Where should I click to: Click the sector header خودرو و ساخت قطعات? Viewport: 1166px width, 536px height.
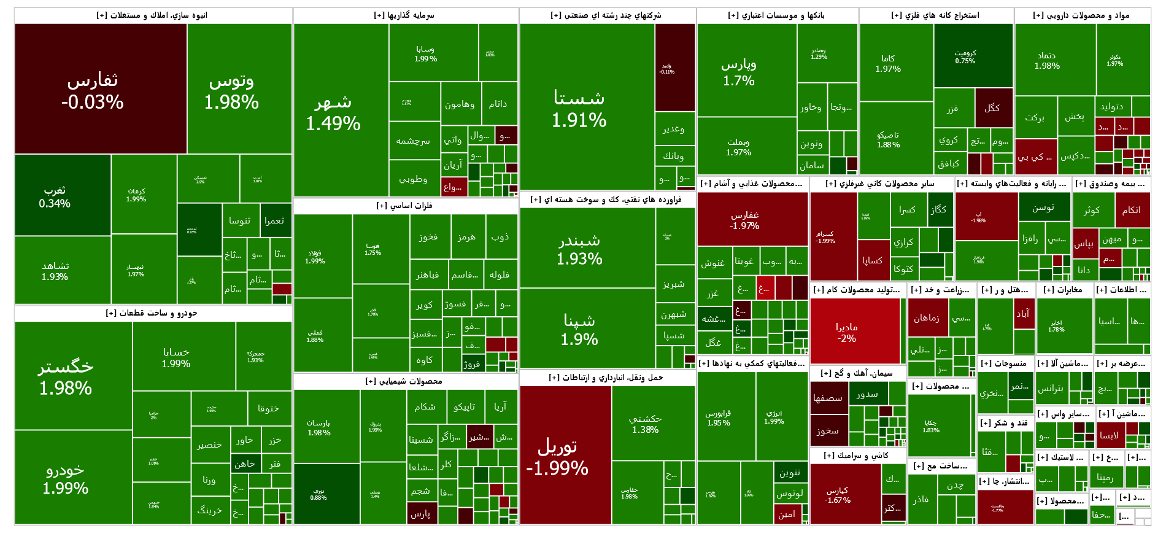coord(152,313)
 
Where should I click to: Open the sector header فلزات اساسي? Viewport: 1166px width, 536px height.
coord(404,206)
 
